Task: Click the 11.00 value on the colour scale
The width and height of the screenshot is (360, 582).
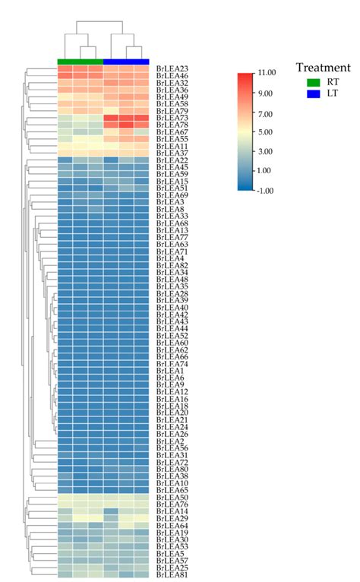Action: click(267, 73)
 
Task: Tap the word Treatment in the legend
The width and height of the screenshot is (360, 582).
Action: click(323, 67)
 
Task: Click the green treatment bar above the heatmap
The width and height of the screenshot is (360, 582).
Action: click(80, 61)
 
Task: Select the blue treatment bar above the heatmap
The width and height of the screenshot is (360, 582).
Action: click(126, 61)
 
